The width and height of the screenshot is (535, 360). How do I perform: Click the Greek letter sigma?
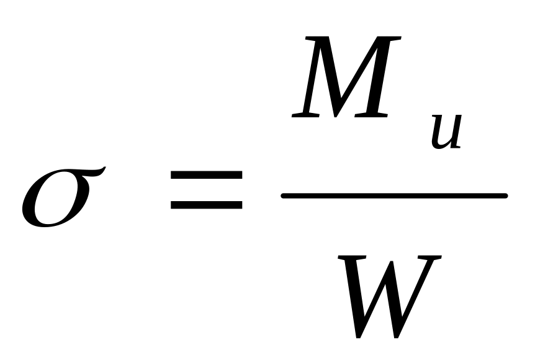[x=59, y=197]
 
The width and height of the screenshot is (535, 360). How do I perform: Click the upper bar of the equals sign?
[x=206, y=177]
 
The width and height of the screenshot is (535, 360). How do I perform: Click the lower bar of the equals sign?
[x=206, y=203]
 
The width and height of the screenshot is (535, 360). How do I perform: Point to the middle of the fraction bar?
[x=394, y=196]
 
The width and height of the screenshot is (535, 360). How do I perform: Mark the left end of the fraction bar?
[x=284, y=196]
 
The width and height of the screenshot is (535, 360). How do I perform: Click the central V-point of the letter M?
[x=336, y=115]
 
